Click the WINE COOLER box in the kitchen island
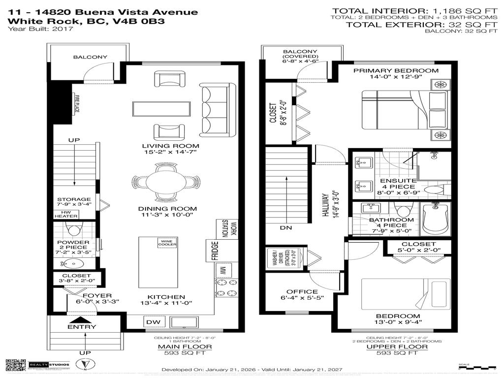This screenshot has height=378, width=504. pyautogui.click(x=164, y=243)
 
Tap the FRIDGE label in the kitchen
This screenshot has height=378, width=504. pyautogui.click(x=215, y=251)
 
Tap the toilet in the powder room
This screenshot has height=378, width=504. pyautogui.click(x=73, y=229)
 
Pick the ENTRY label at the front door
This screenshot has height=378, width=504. pyautogui.click(x=82, y=327)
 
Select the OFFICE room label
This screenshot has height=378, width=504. pyautogui.click(x=302, y=292)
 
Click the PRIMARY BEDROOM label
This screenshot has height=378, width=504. pyautogui.click(x=395, y=70)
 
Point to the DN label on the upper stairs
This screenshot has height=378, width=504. pyautogui.click(x=286, y=228)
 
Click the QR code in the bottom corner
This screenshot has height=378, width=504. pyautogui.click(x=15, y=365)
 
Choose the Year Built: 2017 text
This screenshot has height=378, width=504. pyautogui.click(x=41, y=29)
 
